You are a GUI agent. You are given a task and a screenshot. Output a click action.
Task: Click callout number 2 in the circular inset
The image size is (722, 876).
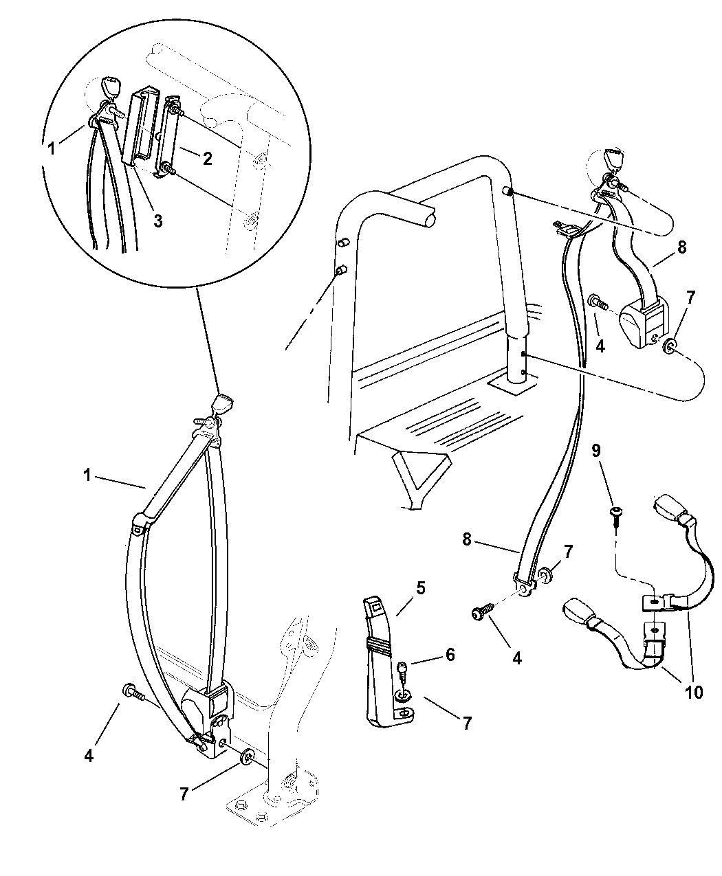207,158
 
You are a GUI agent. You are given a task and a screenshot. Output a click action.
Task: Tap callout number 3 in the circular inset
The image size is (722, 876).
157,221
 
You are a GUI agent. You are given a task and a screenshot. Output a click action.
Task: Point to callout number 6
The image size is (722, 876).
450,654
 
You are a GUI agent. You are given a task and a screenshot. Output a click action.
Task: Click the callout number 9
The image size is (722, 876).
596,451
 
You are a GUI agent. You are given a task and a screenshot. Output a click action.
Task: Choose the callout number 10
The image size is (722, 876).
694,692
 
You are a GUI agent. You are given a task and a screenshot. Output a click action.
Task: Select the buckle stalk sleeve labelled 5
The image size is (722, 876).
382,660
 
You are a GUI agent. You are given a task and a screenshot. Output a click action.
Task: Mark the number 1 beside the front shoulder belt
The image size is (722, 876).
87,475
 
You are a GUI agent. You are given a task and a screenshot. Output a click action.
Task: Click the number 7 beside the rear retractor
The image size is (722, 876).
690,297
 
